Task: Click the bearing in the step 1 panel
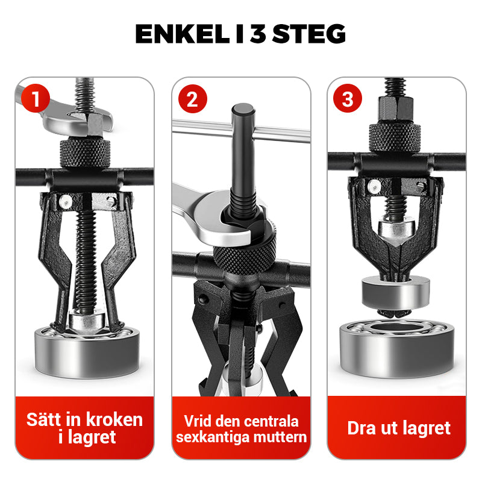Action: pos(84,349)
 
